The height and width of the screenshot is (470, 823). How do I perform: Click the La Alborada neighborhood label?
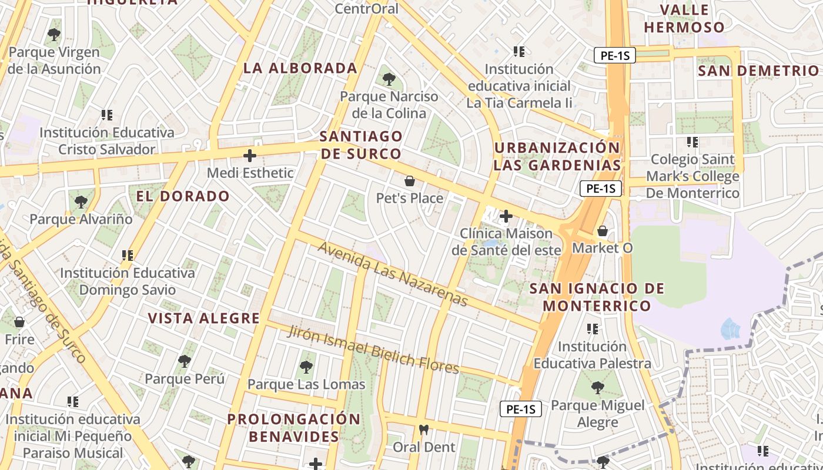pyautogui.click(x=300, y=68)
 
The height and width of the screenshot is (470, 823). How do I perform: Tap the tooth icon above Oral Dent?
pyautogui.click(x=423, y=429)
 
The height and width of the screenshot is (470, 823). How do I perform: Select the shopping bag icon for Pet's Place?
pyautogui.click(x=410, y=181)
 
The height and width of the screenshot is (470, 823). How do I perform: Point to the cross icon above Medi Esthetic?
pyautogui.click(x=250, y=156)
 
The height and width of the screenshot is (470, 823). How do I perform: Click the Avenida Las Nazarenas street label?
pyautogui.click(x=393, y=274)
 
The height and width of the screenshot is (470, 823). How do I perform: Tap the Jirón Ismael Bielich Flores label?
pyautogui.click(x=373, y=350)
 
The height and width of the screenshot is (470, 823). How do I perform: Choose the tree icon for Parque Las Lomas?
pyautogui.click(x=306, y=367)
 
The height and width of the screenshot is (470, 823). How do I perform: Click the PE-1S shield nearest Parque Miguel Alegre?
pyautogui.click(x=520, y=409)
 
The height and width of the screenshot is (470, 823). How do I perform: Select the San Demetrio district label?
pyautogui.click(x=758, y=71)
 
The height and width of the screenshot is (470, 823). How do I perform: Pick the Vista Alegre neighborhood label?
pyautogui.click(x=203, y=318)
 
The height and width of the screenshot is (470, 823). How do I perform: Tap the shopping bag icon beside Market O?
pyautogui.click(x=602, y=231)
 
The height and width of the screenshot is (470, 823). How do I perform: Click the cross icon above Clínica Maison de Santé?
pyautogui.click(x=506, y=216)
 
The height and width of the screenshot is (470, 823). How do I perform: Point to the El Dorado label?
pyautogui.click(x=183, y=196)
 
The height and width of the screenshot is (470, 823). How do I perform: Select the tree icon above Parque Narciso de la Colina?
pyautogui.click(x=389, y=79)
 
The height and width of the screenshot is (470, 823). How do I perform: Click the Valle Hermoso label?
pyautogui.click(x=684, y=19)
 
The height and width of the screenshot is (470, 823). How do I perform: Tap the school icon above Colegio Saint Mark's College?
pyautogui.click(x=692, y=142)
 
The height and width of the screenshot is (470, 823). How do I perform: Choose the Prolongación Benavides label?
pyautogui.click(x=294, y=428)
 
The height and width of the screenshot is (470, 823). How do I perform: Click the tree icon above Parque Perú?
pyautogui.click(x=185, y=361)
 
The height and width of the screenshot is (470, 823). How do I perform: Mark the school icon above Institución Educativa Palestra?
pyautogui.click(x=592, y=329)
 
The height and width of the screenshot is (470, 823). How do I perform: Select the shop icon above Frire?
pyautogui.click(x=19, y=322)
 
